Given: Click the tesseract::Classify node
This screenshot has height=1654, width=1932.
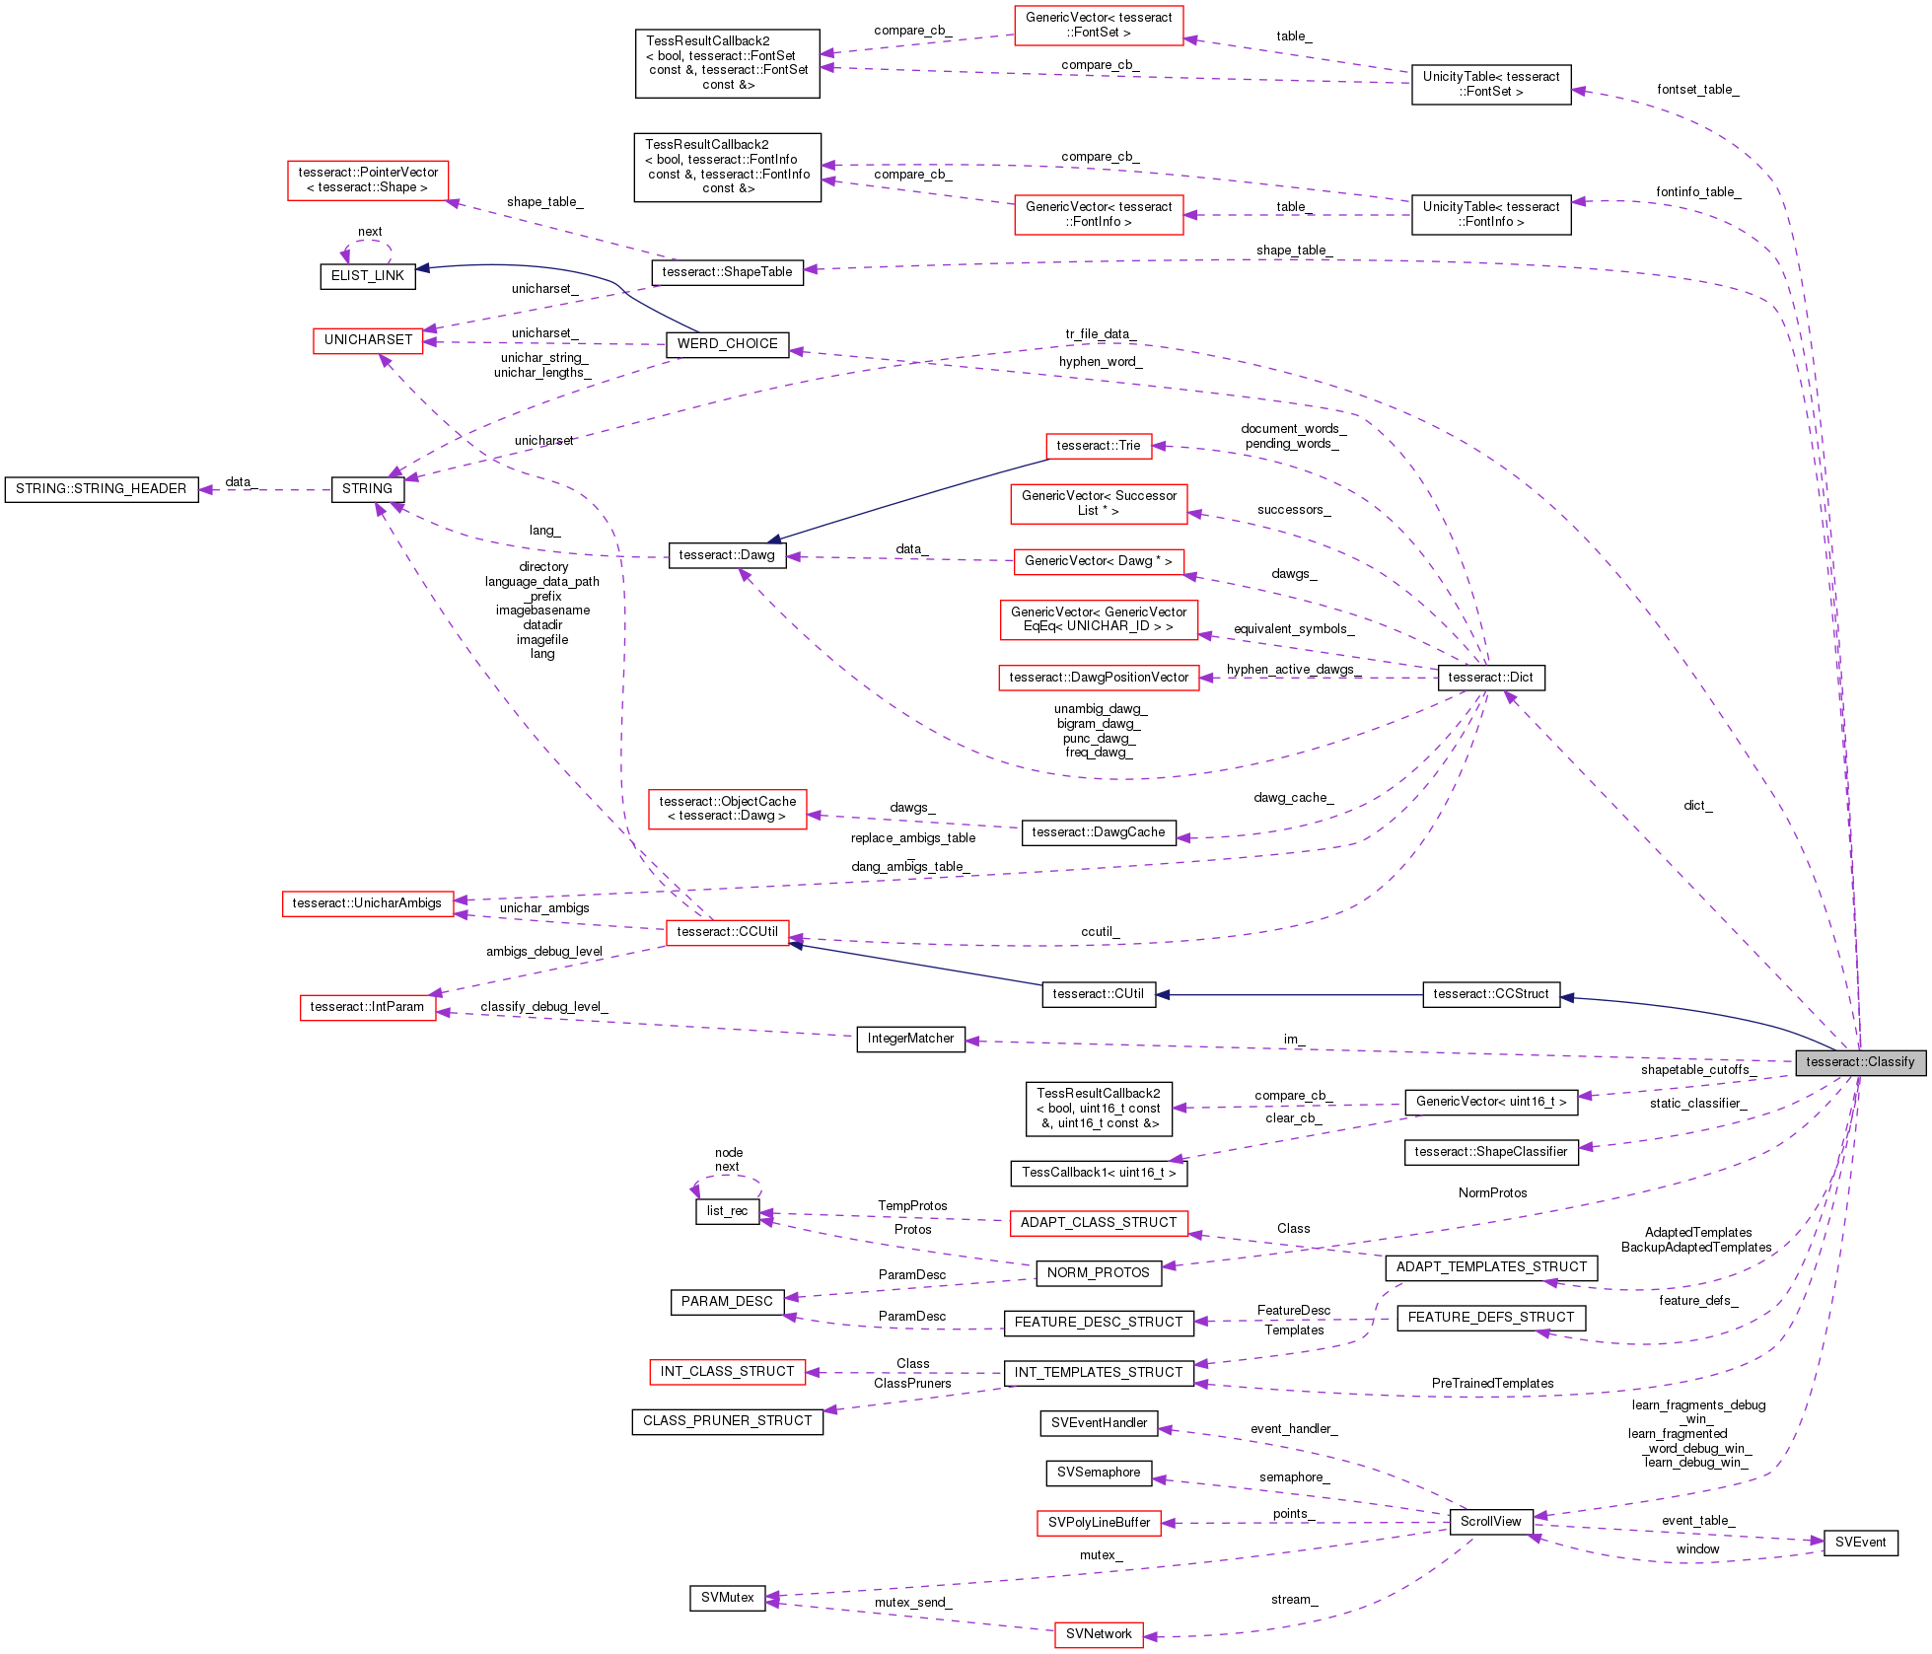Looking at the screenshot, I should (1860, 1062).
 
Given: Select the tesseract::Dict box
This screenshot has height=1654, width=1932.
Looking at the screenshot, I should (1490, 678).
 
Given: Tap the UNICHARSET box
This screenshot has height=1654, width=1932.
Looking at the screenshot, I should (368, 340).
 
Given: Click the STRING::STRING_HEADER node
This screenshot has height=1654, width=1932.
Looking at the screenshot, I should (101, 489).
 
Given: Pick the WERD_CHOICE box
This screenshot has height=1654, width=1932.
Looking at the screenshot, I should (727, 344).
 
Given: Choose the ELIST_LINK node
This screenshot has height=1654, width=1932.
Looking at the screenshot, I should (367, 276).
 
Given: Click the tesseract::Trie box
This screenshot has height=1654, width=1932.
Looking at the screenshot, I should (1098, 446).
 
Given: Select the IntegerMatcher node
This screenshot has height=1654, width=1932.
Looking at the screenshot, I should (910, 1039).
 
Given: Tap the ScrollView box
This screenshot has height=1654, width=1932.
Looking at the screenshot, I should (1490, 1522).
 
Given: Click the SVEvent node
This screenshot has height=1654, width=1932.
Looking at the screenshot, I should (1860, 1543).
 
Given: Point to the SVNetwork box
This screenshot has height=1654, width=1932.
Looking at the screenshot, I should (1099, 1634).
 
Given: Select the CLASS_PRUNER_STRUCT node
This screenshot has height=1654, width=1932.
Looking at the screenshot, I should (727, 1421).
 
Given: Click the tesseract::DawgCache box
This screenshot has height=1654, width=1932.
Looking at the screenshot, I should (1098, 832).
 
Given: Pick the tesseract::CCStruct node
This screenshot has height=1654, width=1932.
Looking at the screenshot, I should (1490, 994).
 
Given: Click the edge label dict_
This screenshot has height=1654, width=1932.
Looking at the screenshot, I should (1697, 806).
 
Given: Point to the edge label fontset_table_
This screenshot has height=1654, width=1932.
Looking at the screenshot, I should (1697, 90).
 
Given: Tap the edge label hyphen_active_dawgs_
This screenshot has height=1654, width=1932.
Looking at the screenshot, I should (1293, 670).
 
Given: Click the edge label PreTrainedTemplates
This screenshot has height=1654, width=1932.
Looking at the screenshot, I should (1492, 1384).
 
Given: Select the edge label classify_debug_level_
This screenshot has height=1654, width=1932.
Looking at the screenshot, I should (544, 1007).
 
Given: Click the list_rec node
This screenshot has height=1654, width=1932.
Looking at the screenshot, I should (727, 1211).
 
